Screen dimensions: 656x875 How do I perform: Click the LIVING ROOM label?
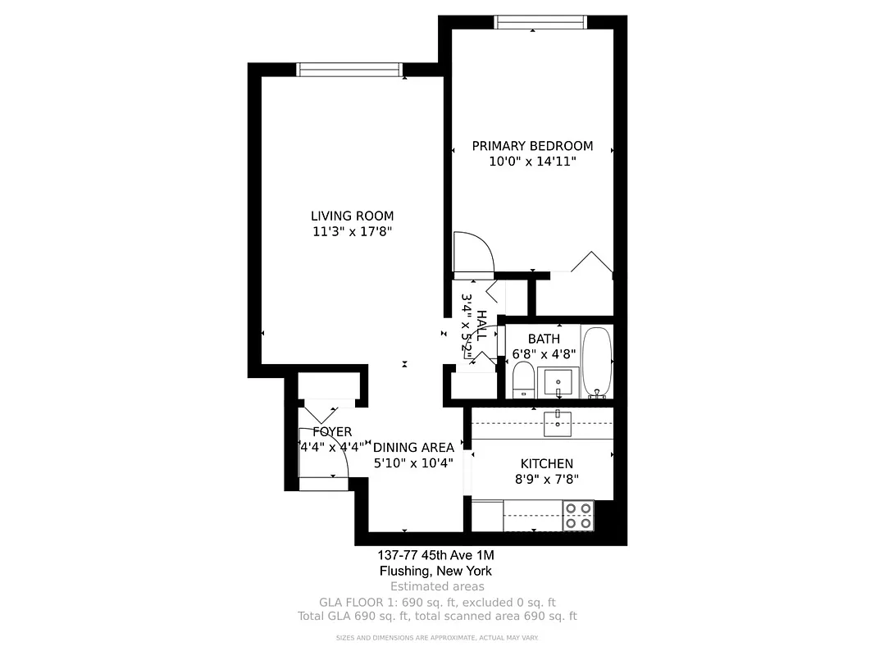(352, 216)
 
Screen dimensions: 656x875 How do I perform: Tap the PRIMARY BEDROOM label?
(532, 146)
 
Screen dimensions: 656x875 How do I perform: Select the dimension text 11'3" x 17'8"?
(352, 232)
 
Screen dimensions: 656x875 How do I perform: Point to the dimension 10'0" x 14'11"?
(532, 162)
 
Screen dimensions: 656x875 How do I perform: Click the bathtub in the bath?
(596, 362)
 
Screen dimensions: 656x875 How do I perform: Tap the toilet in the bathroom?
(523, 381)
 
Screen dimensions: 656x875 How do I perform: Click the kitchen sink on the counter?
(558, 421)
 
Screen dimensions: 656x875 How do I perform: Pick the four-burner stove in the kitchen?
(578, 515)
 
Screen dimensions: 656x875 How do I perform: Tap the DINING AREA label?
(413, 448)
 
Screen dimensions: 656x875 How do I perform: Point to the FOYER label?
(332, 432)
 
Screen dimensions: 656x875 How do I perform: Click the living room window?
(349, 70)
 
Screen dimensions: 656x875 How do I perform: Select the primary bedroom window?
(540, 22)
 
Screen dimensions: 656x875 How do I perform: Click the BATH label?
(544, 339)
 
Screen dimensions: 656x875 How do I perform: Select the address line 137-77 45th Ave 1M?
(435, 555)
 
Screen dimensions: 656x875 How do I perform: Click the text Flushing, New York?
(435, 571)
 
